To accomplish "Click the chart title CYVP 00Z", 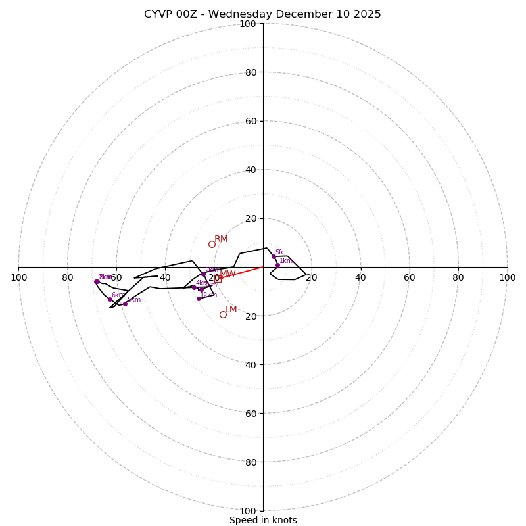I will click(262, 14).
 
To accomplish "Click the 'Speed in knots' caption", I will click(263, 520).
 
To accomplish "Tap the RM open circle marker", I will click(212, 244).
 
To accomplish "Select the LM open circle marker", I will click(223, 314).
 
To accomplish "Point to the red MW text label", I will click(227, 274).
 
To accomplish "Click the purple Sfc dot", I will click(274, 256).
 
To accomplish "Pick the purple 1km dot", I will click(277, 265).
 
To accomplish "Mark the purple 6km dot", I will click(110, 299).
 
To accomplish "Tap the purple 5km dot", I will click(125, 304).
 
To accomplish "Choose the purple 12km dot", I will click(199, 299).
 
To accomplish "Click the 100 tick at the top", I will click(248, 24).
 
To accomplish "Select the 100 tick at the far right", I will click(507, 277).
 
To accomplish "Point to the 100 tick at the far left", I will click(18, 277).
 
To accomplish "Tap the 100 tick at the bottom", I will click(248, 510).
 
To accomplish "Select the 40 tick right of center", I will click(360, 277).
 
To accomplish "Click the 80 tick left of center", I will click(67, 277).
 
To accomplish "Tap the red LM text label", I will click(231, 309).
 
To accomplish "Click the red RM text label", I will click(221, 239).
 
